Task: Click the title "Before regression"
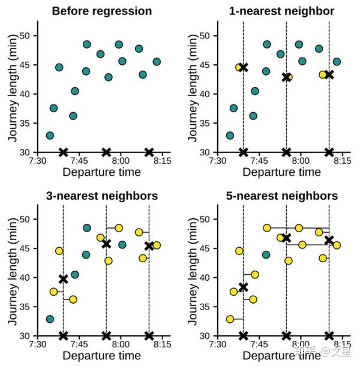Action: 101,11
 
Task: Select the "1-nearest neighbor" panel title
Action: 281,11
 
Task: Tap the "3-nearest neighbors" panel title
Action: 102,196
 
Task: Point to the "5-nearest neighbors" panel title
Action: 281,196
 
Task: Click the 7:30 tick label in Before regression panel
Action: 38,161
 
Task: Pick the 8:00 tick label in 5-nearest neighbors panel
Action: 300,345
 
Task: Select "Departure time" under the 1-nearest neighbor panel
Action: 282,173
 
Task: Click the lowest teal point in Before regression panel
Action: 50,136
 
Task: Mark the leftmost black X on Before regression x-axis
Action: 64,152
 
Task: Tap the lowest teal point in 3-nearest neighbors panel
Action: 50,319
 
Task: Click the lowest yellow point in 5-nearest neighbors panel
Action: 230,319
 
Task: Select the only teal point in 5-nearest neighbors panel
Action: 266,254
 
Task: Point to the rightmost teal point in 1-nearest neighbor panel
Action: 337,61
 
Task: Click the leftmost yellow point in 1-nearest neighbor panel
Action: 239,67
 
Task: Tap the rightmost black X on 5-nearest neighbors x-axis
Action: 329,335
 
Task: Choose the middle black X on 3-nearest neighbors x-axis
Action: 106,335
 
